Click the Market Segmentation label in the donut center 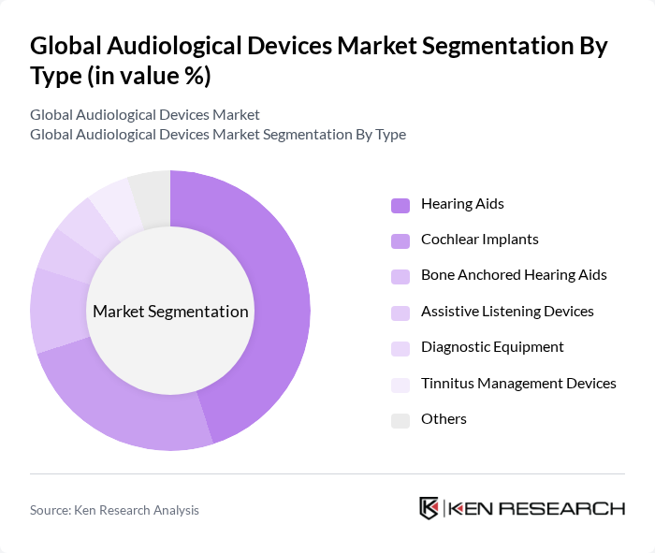[x=170, y=312]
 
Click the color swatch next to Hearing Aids [x=400, y=204]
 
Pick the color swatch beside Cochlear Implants [x=400, y=240]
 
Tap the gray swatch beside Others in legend [x=400, y=419]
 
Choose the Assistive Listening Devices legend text [x=507, y=312]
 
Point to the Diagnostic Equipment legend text [x=492, y=347]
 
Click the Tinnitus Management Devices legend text [x=518, y=384]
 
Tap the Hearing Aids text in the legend [x=462, y=204]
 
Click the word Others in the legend [x=444, y=419]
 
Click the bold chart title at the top [x=318, y=60]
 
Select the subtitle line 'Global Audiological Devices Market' [x=145, y=115]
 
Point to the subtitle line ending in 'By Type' [x=218, y=135]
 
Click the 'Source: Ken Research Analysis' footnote [x=114, y=510]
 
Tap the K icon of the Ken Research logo [x=429, y=508]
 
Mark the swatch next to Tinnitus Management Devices [x=400, y=384]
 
